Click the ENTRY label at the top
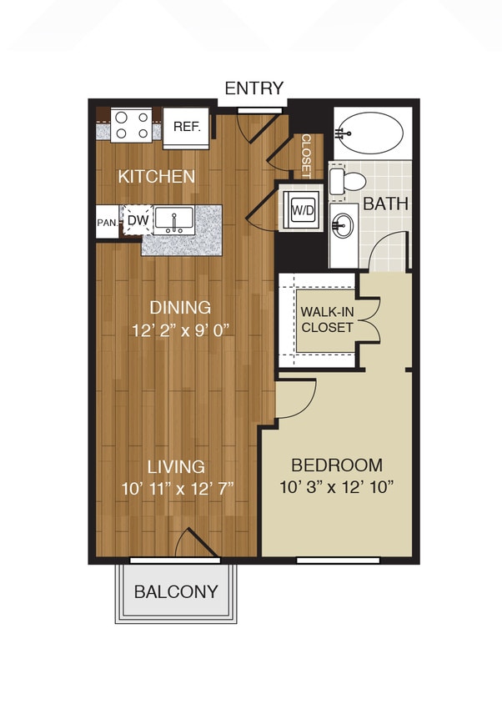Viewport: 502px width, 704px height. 254,88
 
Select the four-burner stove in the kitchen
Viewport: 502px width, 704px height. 133,125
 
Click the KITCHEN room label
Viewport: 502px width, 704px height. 157,177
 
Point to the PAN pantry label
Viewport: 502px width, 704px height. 106,223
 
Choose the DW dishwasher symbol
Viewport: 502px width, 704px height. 138,220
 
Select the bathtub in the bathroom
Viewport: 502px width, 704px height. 372,133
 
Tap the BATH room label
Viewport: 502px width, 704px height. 384,204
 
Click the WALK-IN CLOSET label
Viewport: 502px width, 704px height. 327,319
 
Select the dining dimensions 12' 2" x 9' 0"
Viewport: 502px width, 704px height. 181,329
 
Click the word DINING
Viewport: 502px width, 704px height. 181,308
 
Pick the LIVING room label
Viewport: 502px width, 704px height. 177,466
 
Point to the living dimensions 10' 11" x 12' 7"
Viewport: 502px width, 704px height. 176,487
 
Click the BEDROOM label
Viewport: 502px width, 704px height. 337,465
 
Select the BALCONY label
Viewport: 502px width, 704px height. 176,592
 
